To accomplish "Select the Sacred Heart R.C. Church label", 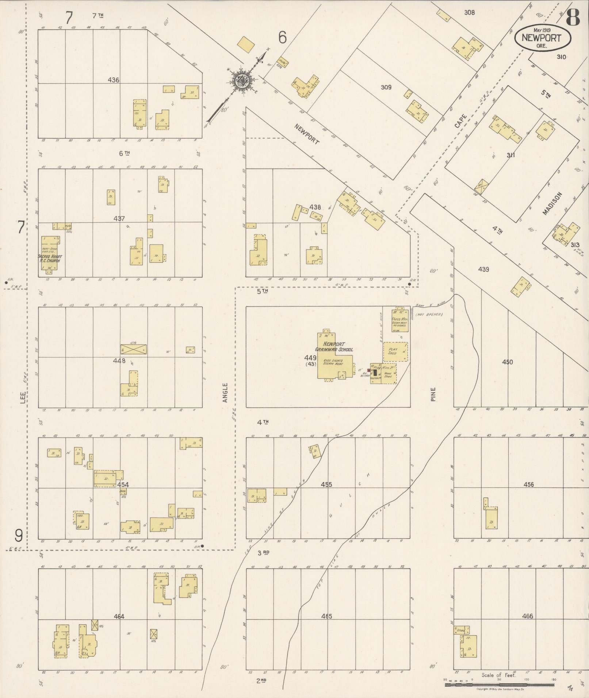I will pyautogui.click(x=49, y=258).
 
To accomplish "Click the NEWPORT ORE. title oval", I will pyautogui.click(x=543, y=37).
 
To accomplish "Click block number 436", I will pyautogui.click(x=114, y=80).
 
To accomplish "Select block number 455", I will pyautogui.click(x=326, y=485).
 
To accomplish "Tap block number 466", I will pyautogui.click(x=527, y=616).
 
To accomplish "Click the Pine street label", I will pyautogui.click(x=433, y=394).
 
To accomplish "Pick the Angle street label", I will pyautogui.click(x=225, y=392).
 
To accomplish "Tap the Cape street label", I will pyautogui.click(x=461, y=121).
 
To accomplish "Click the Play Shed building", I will pyautogui.click(x=395, y=351).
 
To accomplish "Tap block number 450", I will pyautogui.click(x=507, y=362).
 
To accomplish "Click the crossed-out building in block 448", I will pyautogui.click(x=134, y=349).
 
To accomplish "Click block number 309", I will pyautogui.click(x=386, y=87).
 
